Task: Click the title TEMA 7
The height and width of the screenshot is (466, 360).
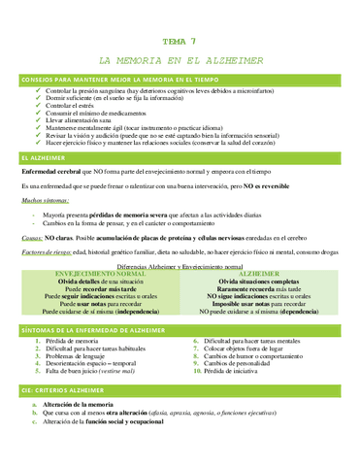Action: (x=180, y=42)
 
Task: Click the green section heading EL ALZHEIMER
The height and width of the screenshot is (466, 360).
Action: (x=36, y=156)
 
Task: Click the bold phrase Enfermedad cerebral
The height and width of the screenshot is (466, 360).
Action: (x=55, y=171)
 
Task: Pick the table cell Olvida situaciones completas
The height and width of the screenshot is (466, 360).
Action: (x=258, y=283)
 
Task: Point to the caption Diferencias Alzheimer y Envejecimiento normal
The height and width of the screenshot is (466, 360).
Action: (x=179, y=265)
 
